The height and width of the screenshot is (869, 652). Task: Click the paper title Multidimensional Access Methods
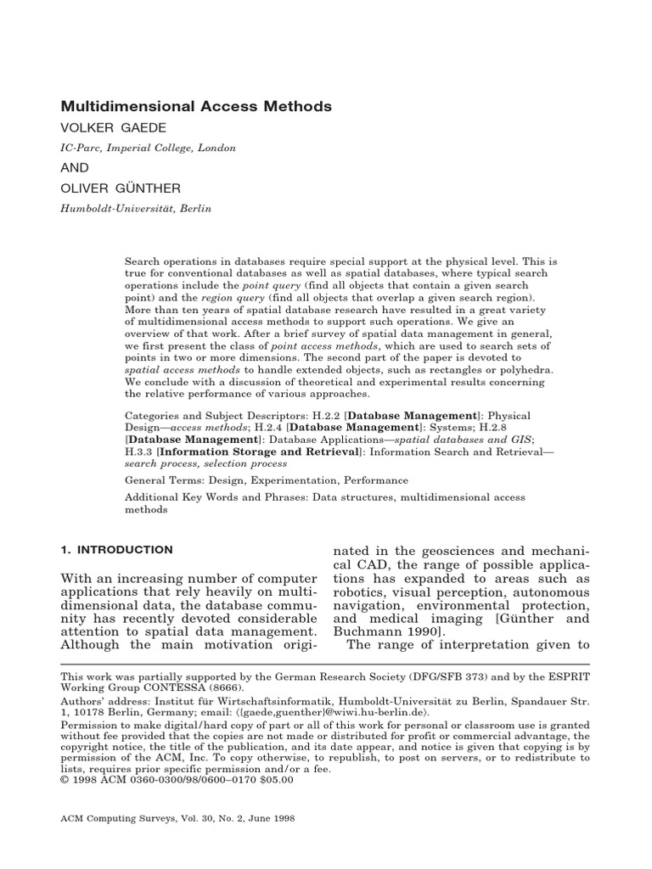click(195, 106)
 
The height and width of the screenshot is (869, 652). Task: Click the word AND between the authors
click(74, 167)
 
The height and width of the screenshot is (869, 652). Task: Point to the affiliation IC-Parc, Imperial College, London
click(148, 148)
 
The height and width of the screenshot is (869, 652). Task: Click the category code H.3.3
click(140, 452)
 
